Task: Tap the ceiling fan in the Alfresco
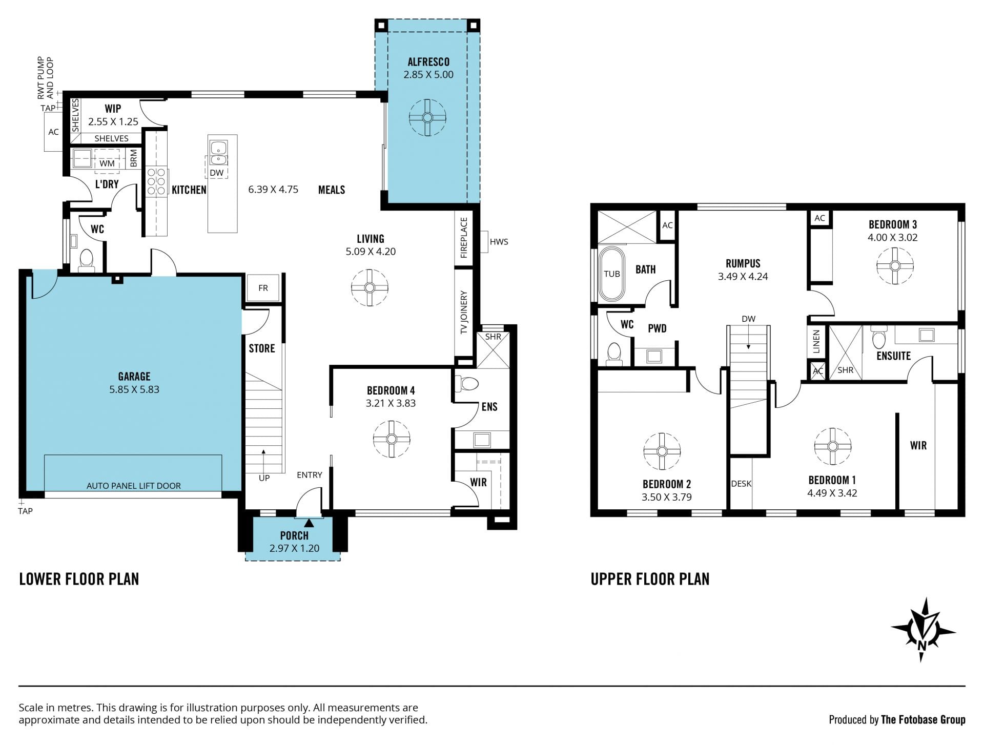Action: pos(427,117)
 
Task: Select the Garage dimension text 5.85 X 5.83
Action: pos(134,389)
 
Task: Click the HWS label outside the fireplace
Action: pos(499,242)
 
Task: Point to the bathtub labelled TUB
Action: pos(611,274)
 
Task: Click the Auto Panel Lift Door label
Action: pos(134,486)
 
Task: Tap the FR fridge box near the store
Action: pos(263,288)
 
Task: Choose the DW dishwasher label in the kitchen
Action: pos(217,173)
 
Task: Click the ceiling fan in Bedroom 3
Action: pos(895,266)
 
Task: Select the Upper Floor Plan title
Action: pos(650,579)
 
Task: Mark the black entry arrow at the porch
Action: pos(309,523)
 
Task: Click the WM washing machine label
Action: pos(107,163)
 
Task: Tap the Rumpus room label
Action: pos(743,263)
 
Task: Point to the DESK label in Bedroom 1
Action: pos(741,484)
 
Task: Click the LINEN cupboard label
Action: pos(816,342)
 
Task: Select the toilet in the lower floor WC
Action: pos(87,260)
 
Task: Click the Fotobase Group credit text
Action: pos(897,720)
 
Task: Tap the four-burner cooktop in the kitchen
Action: pos(156,181)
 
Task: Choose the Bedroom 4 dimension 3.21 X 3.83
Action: pos(391,403)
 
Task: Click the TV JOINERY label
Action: pos(464,313)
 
